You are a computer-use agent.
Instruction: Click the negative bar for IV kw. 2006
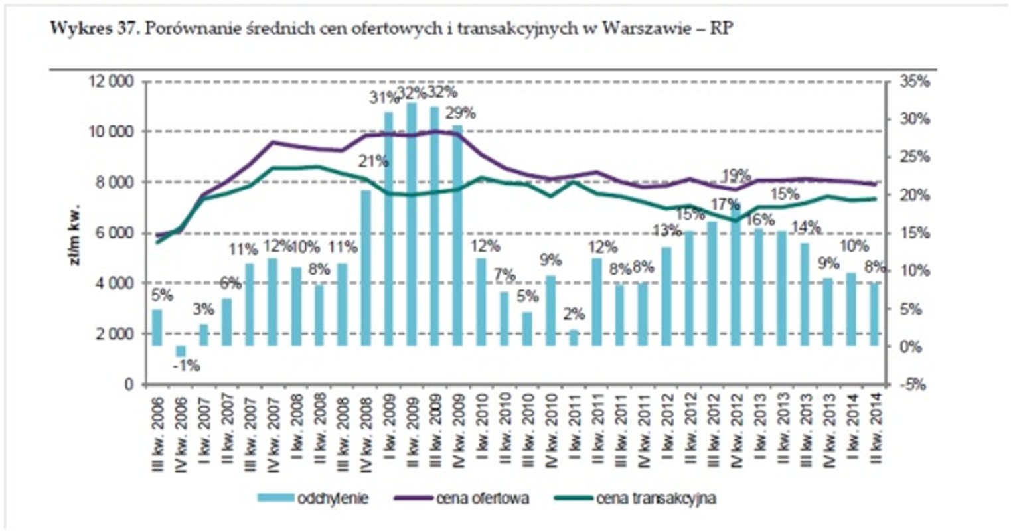(179, 351)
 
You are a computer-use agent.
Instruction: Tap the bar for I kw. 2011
(574, 338)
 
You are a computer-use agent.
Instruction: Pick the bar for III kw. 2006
(157, 328)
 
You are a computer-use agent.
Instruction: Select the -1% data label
(186, 366)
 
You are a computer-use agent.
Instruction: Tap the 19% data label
(736, 175)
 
